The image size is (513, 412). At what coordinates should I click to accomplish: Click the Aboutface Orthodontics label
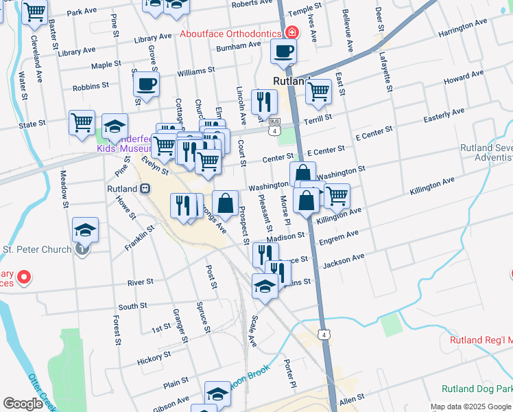230,34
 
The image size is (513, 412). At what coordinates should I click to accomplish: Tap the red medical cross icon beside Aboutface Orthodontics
292,32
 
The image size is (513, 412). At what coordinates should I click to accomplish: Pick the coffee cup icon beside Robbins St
145,84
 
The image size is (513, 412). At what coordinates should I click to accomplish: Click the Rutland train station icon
145,188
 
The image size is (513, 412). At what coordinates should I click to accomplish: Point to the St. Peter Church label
37,249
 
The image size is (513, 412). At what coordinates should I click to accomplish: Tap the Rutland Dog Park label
477,388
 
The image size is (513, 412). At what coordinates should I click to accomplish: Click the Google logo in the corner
23,404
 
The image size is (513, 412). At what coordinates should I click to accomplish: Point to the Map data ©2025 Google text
470,407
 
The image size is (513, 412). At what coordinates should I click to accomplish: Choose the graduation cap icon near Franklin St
85,229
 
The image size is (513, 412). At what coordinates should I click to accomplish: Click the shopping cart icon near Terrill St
318,91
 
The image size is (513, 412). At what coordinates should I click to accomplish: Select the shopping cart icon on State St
82,122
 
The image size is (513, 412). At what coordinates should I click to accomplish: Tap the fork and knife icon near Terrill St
264,102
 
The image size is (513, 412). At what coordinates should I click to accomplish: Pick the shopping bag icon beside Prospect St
225,203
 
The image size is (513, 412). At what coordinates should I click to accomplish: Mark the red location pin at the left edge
23,278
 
